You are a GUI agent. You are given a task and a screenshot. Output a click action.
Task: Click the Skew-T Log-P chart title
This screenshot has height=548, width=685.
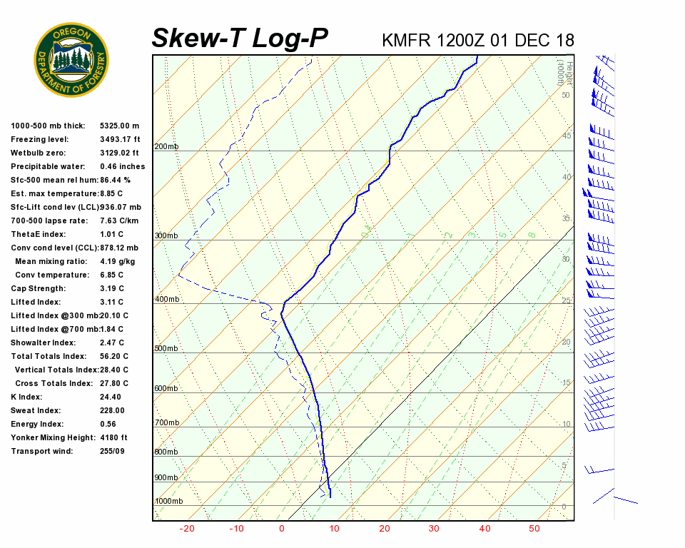tap(240, 39)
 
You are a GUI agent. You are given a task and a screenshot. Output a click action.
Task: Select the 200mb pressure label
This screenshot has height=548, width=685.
tap(166, 146)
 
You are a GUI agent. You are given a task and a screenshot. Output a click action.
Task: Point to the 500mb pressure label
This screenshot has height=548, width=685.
tap(166, 348)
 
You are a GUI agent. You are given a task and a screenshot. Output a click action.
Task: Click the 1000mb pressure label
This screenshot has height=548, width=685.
tap(168, 501)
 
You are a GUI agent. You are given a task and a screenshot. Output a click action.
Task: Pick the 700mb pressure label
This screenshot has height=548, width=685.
tap(166, 422)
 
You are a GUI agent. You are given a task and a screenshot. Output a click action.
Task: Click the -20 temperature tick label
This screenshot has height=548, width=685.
tap(187, 529)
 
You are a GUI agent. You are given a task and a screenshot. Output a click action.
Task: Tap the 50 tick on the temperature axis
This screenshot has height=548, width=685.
tap(534, 529)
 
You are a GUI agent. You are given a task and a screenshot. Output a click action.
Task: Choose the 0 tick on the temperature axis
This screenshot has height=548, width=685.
tap(281, 529)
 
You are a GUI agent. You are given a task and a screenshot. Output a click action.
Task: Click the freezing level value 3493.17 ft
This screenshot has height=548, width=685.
tap(120, 139)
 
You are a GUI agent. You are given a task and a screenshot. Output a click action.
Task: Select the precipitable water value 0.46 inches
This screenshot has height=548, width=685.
tap(122, 166)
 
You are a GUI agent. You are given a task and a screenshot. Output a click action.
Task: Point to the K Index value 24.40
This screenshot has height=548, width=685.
tap(110, 397)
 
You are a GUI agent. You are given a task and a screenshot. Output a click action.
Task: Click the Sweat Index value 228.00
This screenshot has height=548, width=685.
tap(112, 410)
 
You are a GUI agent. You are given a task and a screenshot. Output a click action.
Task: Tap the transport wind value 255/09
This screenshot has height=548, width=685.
tap(112, 451)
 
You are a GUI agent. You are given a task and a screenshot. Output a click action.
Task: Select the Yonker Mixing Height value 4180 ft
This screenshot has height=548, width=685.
tap(113, 437)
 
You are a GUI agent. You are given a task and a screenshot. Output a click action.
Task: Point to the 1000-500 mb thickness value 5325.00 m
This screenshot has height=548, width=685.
tap(120, 126)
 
